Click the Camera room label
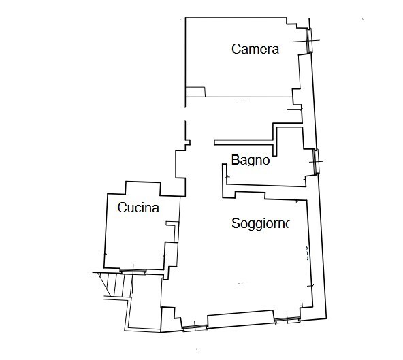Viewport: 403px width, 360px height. point(255,49)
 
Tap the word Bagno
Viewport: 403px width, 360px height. point(251,161)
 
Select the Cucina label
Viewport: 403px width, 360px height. point(138,208)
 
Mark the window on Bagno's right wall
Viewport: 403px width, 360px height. point(315,161)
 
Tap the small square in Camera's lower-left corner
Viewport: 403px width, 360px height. point(195,92)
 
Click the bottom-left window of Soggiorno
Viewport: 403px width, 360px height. point(195,328)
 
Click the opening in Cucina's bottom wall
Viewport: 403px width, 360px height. point(133,271)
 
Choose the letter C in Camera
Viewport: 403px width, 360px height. point(236,49)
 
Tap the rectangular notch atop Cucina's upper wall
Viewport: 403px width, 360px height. point(142,187)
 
